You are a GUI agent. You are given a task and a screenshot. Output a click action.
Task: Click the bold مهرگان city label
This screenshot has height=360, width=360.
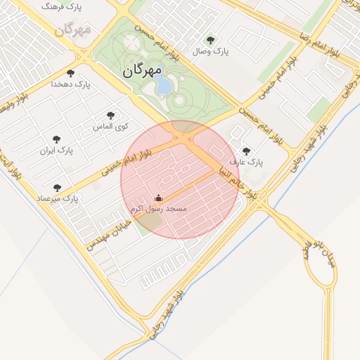(142, 71)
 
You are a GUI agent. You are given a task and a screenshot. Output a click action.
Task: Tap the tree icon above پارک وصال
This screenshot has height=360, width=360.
(210, 40)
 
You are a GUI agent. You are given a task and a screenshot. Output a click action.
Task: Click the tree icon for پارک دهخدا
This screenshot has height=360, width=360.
(70, 72)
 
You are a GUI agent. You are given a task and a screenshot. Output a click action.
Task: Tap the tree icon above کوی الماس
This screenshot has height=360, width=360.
(110, 115)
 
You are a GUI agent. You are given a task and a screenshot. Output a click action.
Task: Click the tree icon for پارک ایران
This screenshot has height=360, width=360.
(56, 139)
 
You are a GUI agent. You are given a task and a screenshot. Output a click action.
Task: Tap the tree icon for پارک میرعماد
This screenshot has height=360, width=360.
(57, 188)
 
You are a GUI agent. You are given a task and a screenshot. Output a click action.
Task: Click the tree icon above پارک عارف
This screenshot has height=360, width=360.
(245, 150)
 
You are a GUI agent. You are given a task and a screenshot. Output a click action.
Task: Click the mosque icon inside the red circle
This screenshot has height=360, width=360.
(158, 198)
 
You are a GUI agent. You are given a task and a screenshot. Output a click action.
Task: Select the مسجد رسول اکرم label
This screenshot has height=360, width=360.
(158, 210)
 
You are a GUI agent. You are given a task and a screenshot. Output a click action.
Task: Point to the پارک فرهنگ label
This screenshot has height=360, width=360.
(61, 7)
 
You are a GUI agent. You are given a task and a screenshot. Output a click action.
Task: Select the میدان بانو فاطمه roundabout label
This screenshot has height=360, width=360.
(320, 257)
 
